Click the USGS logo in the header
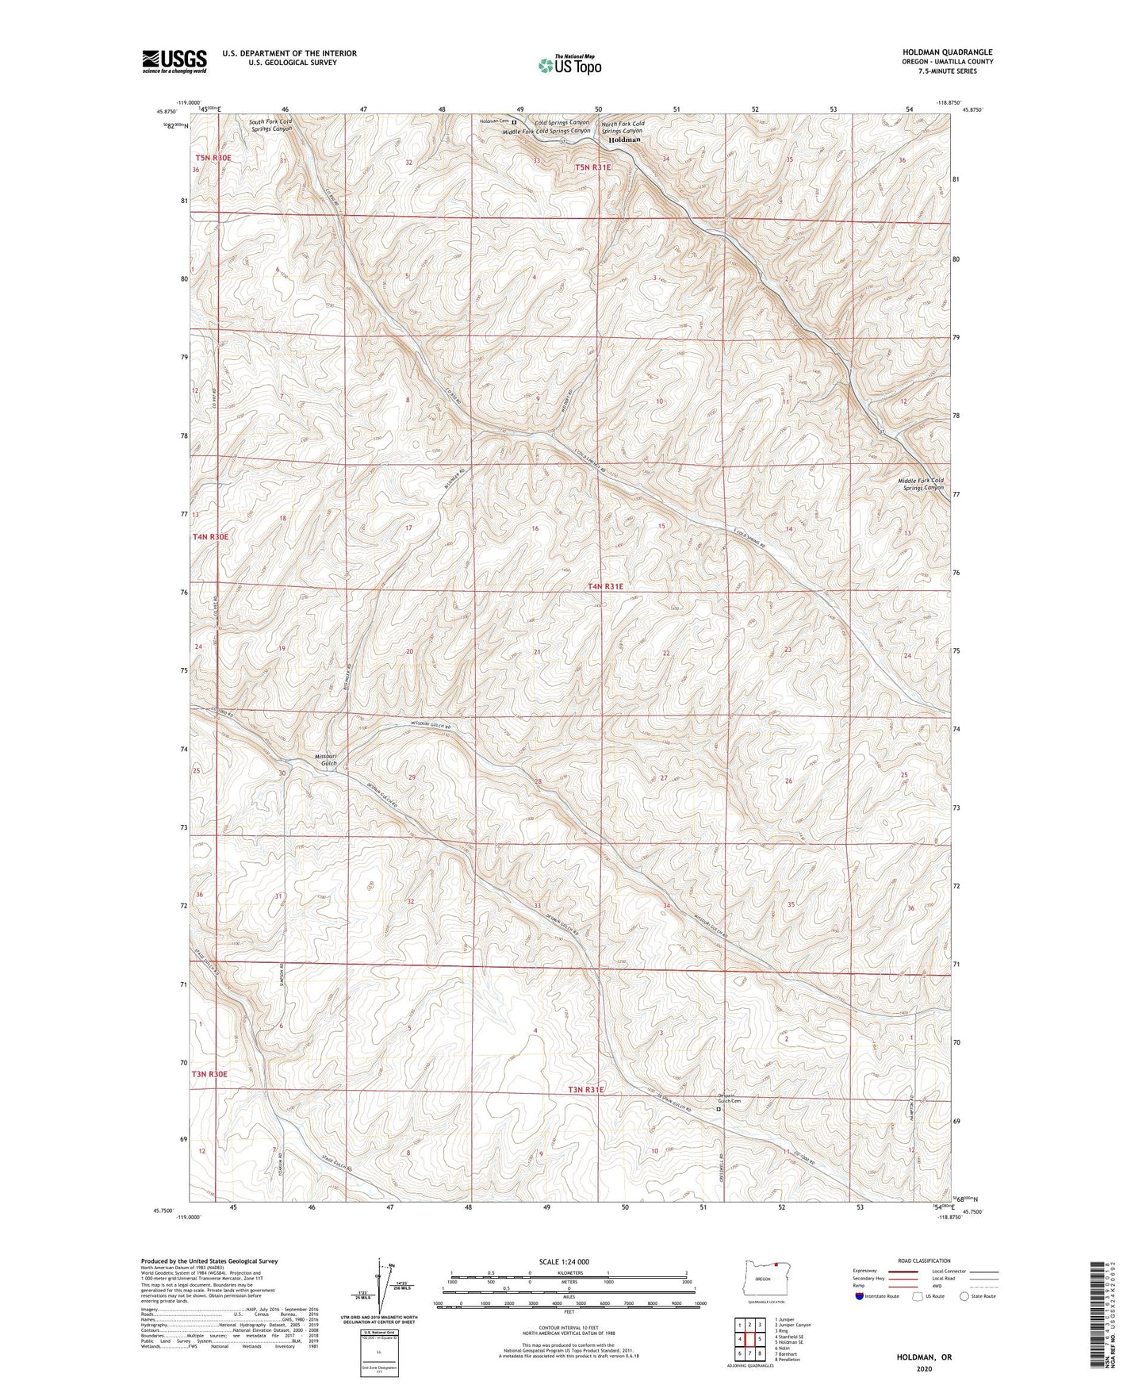[x=174, y=61]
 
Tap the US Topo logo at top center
[x=569, y=65]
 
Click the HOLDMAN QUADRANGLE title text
[x=941, y=52]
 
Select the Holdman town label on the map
[x=624, y=140]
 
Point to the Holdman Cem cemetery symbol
[x=514, y=122]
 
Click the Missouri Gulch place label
[x=325, y=759]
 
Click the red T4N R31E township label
[x=605, y=586]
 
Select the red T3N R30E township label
[x=209, y=1074]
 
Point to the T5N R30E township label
[x=213, y=158]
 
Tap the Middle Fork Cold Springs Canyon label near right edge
[x=920, y=484]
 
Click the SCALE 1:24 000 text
[x=563, y=1261]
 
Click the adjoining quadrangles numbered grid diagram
[x=749, y=1341]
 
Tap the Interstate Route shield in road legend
[x=860, y=1296]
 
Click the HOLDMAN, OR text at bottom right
[x=924, y=1357]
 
